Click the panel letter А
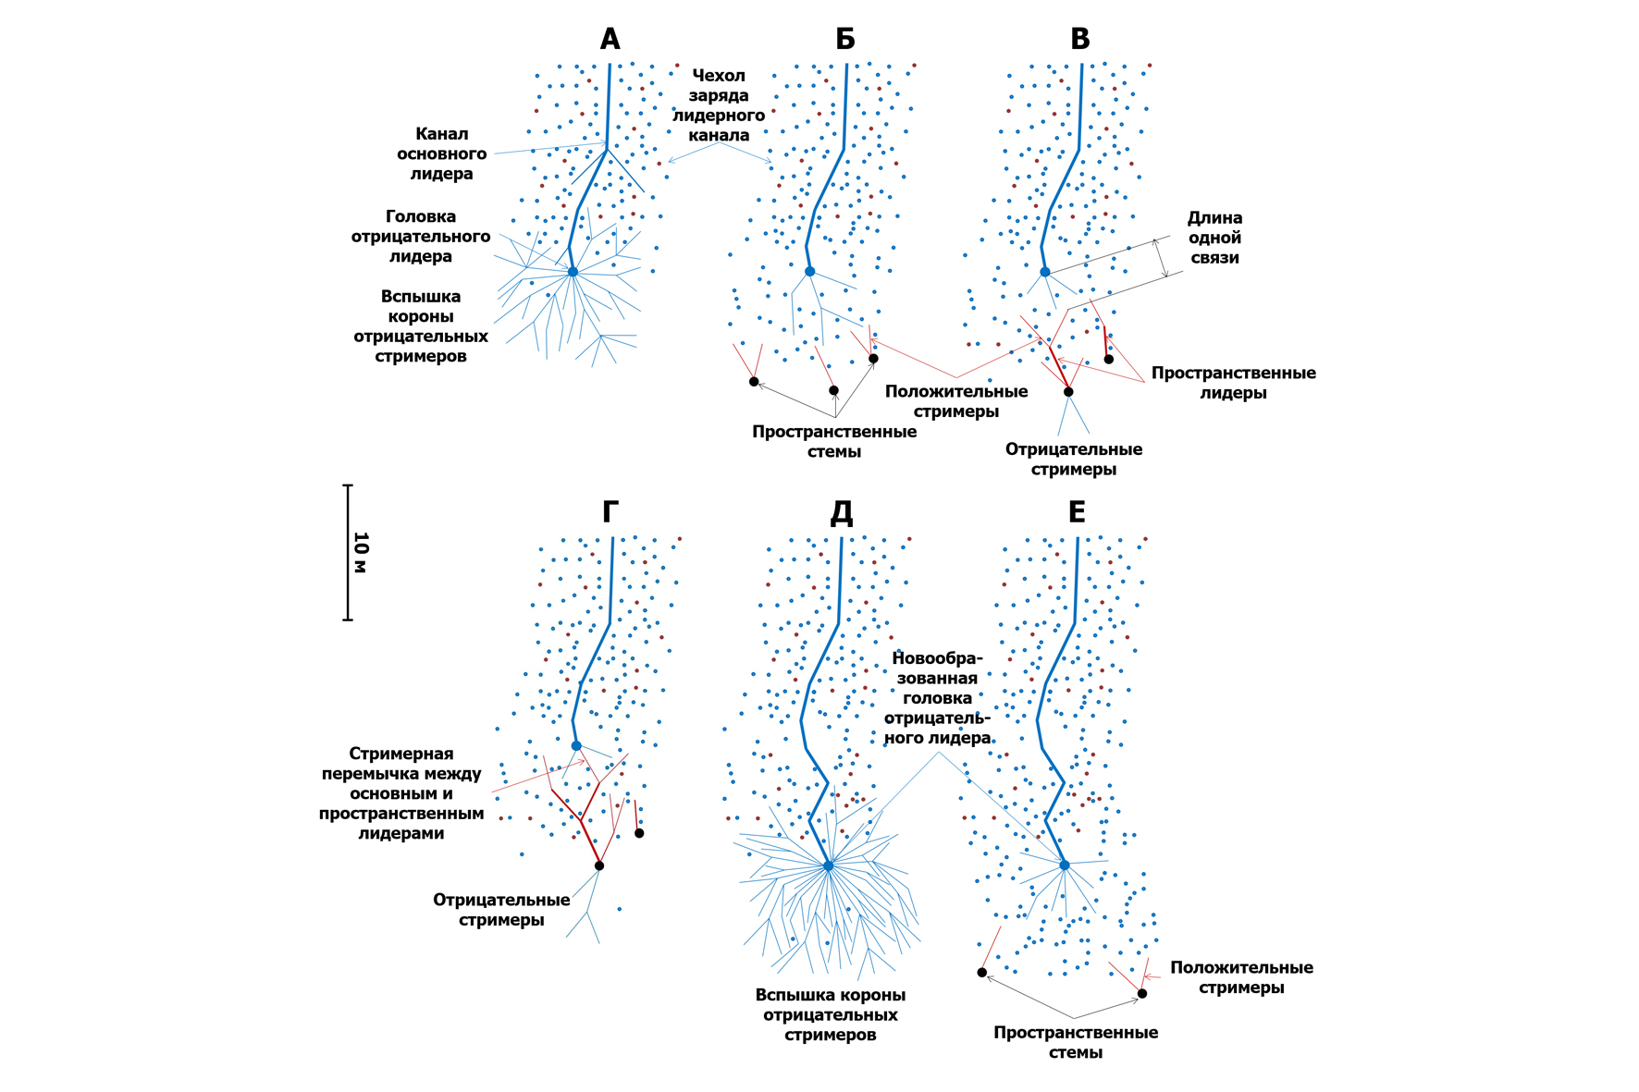click(x=610, y=39)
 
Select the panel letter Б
click(x=844, y=39)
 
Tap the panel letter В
click(x=1079, y=39)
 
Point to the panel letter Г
click(x=610, y=511)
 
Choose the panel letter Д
click(x=842, y=511)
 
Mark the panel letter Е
click(x=1077, y=511)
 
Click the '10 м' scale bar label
click(x=361, y=552)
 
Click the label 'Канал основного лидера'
click(x=441, y=153)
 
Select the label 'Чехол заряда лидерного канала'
click(x=719, y=105)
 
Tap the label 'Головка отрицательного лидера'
click(x=421, y=236)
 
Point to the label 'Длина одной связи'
click(x=1214, y=238)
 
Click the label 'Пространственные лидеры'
click(x=1233, y=383)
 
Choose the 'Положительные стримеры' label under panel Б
click(x=956, y=401)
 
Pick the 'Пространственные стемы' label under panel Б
click(x=834, y=442)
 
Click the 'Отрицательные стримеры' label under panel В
click(x=1074, y=459)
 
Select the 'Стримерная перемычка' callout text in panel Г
click(x=401, y=793)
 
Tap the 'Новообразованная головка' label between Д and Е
click(x=938, y=698)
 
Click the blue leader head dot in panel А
click(x=573, y=272)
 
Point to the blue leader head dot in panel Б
click(x=809, y=272)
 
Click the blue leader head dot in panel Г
click(x=576, y=746)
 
